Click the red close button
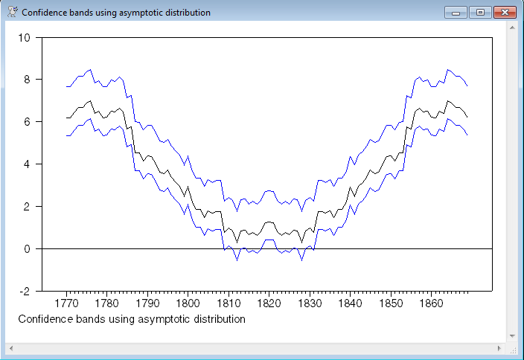pyautogui.click(x=505, y=12)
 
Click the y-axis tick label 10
pyautogui.click(x=24, y=38)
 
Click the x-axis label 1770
pyautogui.click(x=67, y=303)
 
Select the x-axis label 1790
pyautogui.click(x=147, y=303)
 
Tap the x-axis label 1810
pyautogui.click(x=229, y=303)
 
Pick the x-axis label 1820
pyautogui.click(x=269, y=303)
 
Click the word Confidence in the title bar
pyautogui.click(x=45, y=13)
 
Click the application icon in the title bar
pyautogui.click(x=13, y=12)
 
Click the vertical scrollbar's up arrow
pyautogui.click(x=513, y=27)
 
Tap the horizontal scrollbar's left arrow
pyautogui.click(x=10, y=348)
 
